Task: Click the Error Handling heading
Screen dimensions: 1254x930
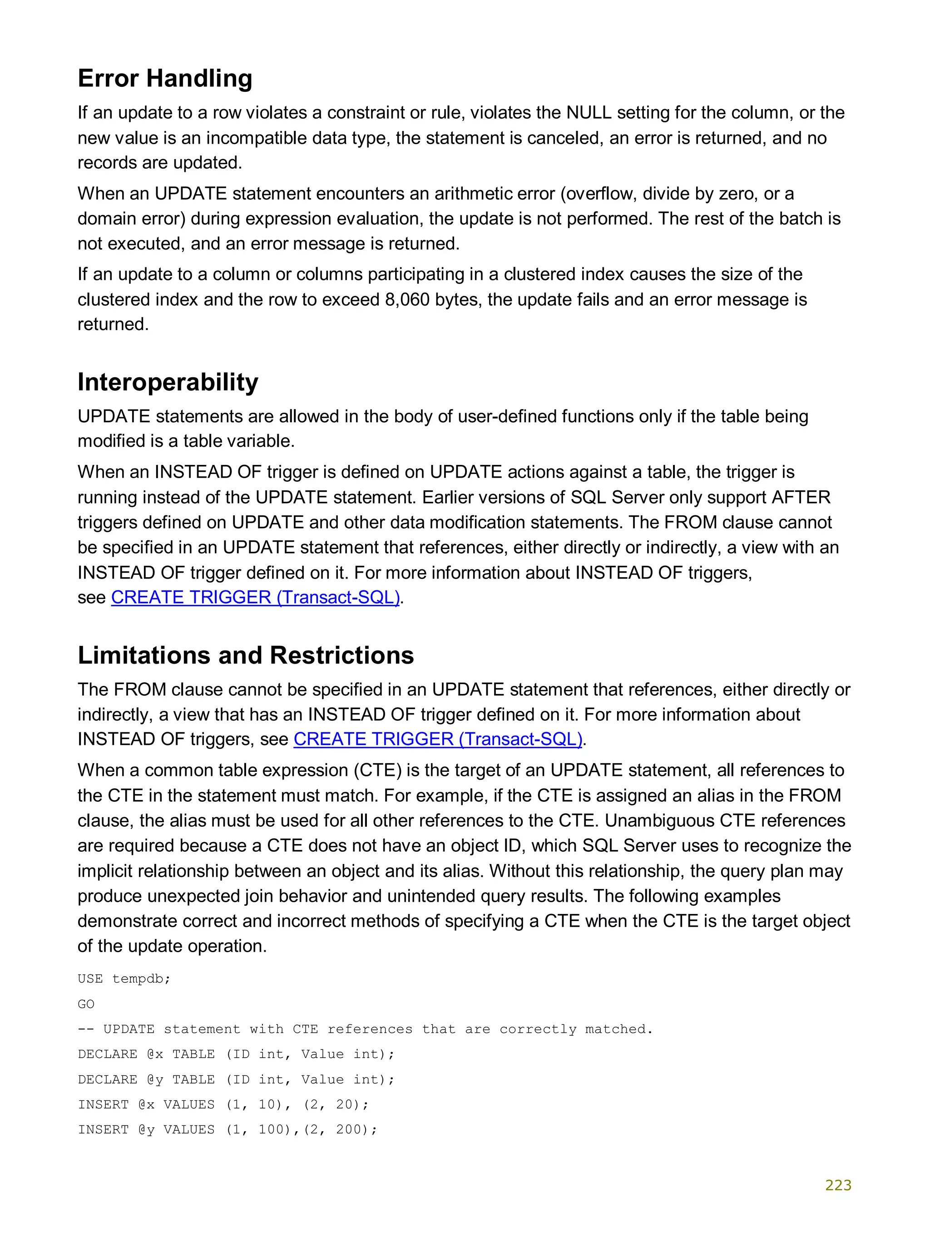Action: [164, 78]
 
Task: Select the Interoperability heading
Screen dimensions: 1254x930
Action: [168, 382]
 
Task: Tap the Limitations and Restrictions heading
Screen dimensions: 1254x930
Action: [246, 655]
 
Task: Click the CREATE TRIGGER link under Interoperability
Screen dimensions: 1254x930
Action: [255, 597]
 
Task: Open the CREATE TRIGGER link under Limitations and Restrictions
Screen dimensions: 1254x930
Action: [437, 739]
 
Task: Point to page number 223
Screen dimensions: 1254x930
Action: [838, 1185]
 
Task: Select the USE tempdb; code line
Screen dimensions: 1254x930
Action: [124, 979]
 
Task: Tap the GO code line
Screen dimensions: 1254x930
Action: [86, 1004]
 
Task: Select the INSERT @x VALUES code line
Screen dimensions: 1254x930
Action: [223, 1104]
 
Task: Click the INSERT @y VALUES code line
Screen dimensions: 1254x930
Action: [227, 1129]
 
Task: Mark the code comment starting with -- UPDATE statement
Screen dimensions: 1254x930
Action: [365, 1029]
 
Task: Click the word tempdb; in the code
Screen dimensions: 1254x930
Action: [141, 979]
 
